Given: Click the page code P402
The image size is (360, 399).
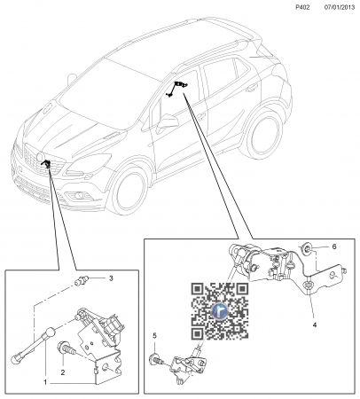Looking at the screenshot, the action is pyautogui.click(x=302, y=8).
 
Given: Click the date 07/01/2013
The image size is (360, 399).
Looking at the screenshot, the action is pyautogui.click(x=340, y=8).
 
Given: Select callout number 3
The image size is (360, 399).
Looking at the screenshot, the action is pyautogui.click(x=111, y=278).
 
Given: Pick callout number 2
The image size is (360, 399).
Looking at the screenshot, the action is pyautogui.click(x=63, y=372).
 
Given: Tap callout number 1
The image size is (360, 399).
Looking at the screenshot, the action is pyautogui.click(x=45, y=382).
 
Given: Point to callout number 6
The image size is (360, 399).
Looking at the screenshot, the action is pyautogui.click(x=334, y=246).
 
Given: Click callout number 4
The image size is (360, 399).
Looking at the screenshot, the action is pyautogui.click(x=315, y=325).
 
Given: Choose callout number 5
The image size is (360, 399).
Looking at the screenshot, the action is pyautogui.click(x=154, y=336).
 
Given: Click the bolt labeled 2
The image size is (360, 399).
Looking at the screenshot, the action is pyautogui.click(x=67, y=348).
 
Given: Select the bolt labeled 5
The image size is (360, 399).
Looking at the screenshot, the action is pyautogui.click(x=157, y=359).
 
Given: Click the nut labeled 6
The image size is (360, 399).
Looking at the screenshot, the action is pyautogui.click(x=306, y=248).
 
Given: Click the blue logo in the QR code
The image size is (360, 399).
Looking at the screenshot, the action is pyautogui.click(x=221, y=311).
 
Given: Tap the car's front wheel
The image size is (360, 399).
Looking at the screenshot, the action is pyautogui.click(x=129, y=191).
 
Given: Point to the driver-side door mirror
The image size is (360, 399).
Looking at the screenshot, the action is pyautogui.click(x=168, y=122).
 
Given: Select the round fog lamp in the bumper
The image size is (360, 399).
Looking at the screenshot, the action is pyautogui.click(x=78, y=195).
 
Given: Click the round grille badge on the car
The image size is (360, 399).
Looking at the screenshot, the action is pyautogui.click(x=40, y=157).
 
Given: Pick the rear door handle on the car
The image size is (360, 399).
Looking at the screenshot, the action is pyautogui.click(x=252, y=87).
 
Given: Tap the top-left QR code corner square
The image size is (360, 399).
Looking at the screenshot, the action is pyautogui.click(x=198, y=290).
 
